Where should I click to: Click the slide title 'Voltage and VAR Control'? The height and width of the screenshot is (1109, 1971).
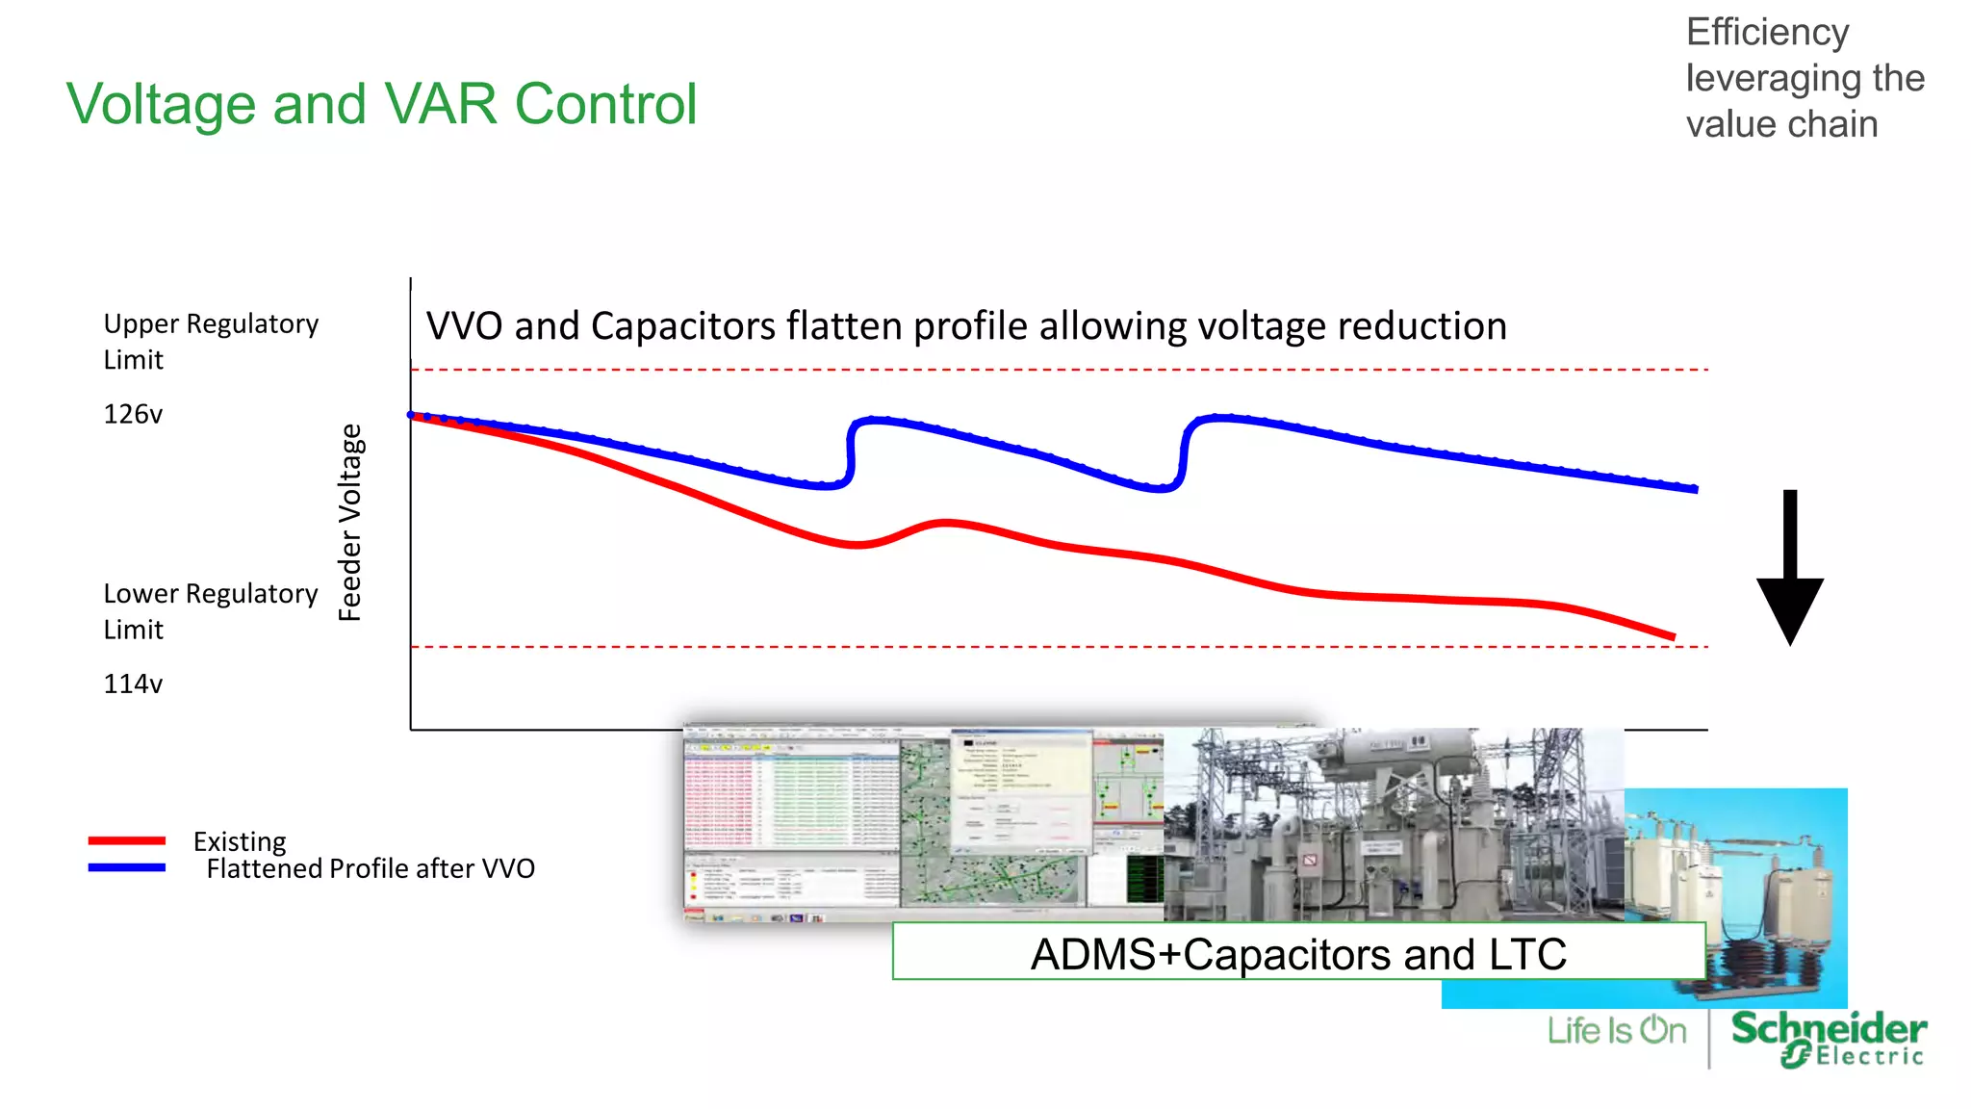pos(381,104)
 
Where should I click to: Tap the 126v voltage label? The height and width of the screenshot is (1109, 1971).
pos(133,414)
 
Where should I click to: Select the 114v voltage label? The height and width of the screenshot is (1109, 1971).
pos(133,683)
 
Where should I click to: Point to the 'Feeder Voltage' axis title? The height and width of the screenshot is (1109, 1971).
pos(350,523)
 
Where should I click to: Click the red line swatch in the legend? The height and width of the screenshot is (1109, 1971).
pos(126,840)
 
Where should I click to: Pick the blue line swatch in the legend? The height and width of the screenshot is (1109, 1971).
pos(126,867)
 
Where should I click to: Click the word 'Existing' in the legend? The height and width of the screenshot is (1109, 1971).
pos(240,841)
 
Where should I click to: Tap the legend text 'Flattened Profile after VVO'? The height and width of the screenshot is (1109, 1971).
pos(371,868)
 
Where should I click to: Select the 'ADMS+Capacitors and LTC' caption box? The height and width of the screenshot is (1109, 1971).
pos(1298,953)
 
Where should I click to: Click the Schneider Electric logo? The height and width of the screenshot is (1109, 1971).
pos(1829,1038)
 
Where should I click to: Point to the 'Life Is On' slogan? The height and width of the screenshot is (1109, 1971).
pos(1617,1031)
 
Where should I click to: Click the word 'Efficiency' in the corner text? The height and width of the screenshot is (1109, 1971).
pos(1767,33)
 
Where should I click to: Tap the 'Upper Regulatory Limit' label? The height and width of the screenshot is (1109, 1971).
pos(210,341)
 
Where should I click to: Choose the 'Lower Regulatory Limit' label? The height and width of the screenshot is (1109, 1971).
pos(210,610)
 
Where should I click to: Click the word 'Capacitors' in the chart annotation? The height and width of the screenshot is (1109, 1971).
pos(682,326)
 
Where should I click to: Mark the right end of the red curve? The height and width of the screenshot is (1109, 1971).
pos(1673,636)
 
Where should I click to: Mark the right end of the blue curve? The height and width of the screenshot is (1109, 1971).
pos(1695,489)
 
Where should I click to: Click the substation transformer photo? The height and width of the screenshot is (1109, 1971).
pos(1394,824)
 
